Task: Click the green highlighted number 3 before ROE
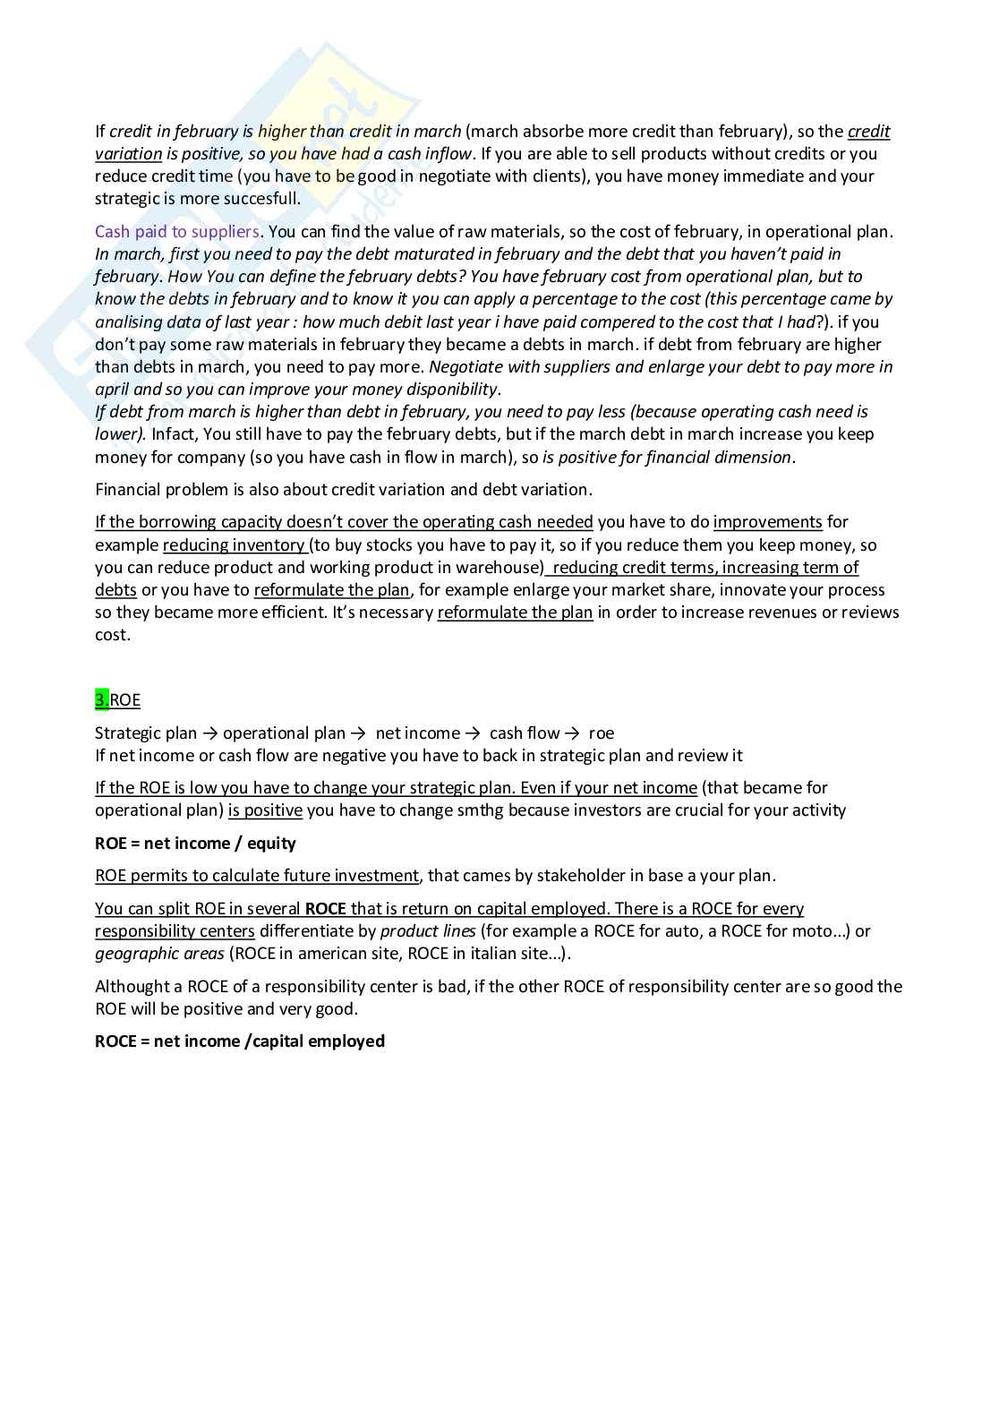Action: point(101,700)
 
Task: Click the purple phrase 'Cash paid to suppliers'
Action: point(176,232)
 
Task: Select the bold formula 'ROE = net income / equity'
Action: point(195,844)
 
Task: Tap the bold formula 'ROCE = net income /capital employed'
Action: point(240,1041)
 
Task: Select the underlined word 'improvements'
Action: point(767,522)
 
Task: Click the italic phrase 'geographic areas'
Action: point(159,954)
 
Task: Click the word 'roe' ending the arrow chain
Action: point(602,733)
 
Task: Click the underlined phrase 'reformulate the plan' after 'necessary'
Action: point(515,613)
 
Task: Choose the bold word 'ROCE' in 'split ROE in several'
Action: point(325,909)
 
